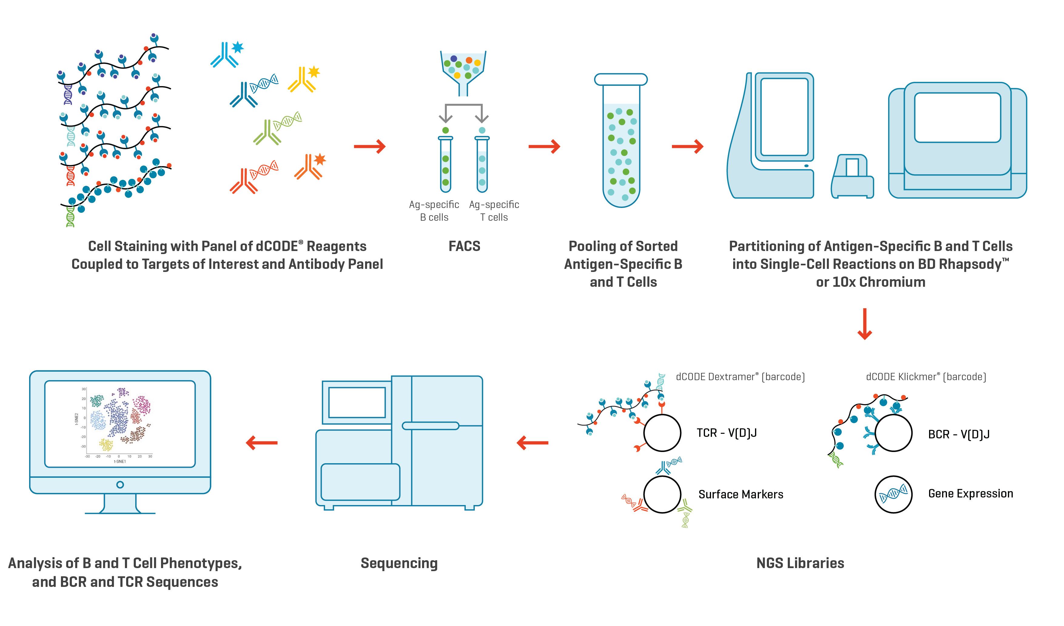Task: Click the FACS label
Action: pyautogui.click(x=464, y=246)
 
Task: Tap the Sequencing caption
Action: pyautogui.click(x=399, y=563)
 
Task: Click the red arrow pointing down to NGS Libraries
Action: pyautogui.click(x=864, y=324)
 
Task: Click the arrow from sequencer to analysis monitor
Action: pyautogui.click(x=262, y=443)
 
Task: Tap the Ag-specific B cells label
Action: pyautogui.click(x=434, y=211)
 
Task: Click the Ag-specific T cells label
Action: pyautogui.click(x=494, y=211)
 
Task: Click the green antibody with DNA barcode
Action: pyautogui.click(x=277, y=128)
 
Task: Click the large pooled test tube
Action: pyautogui.click(x=621, y=143)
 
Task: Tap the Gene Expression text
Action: pyautogui.click(x=970, y=494)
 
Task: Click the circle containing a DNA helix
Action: pyautogui.click(x=893, y=494)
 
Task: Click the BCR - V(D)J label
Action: pyautogui.click(x=958, y=434)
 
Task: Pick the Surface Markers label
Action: pyautogui.click(x=740, y=494)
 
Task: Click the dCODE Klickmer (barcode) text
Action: pyautogui.click(x=925, y=377)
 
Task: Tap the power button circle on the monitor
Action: pyautogui.click(x=120, y=485)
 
